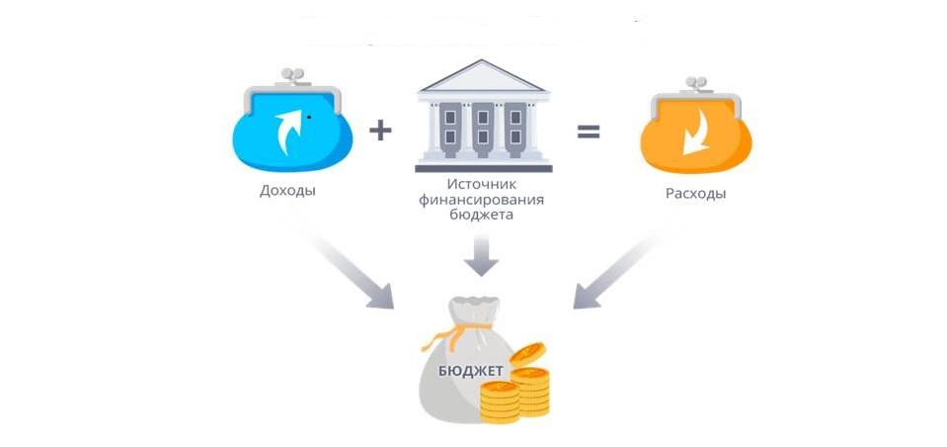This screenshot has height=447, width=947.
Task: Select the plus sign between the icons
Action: coord(380,131)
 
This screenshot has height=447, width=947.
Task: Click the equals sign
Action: coord(589,132)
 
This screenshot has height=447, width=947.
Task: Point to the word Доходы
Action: coord(288,191)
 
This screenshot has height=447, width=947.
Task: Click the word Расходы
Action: coord(696,194)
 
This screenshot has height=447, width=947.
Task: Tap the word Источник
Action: coord(483,185)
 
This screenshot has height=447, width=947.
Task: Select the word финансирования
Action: coord(481,200)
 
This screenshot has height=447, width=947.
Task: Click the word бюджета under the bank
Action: coord(481,215)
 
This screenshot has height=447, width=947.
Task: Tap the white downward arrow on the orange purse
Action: coord(696,132)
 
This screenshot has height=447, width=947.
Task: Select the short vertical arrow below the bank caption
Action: coord(481,255)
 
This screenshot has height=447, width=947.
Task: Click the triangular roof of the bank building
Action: coord(483,76)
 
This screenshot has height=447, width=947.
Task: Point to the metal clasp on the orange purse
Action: coord(696,84)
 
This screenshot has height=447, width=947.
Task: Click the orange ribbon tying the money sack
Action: coord(457,332)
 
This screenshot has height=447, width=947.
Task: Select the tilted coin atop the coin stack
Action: coord(527,353)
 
